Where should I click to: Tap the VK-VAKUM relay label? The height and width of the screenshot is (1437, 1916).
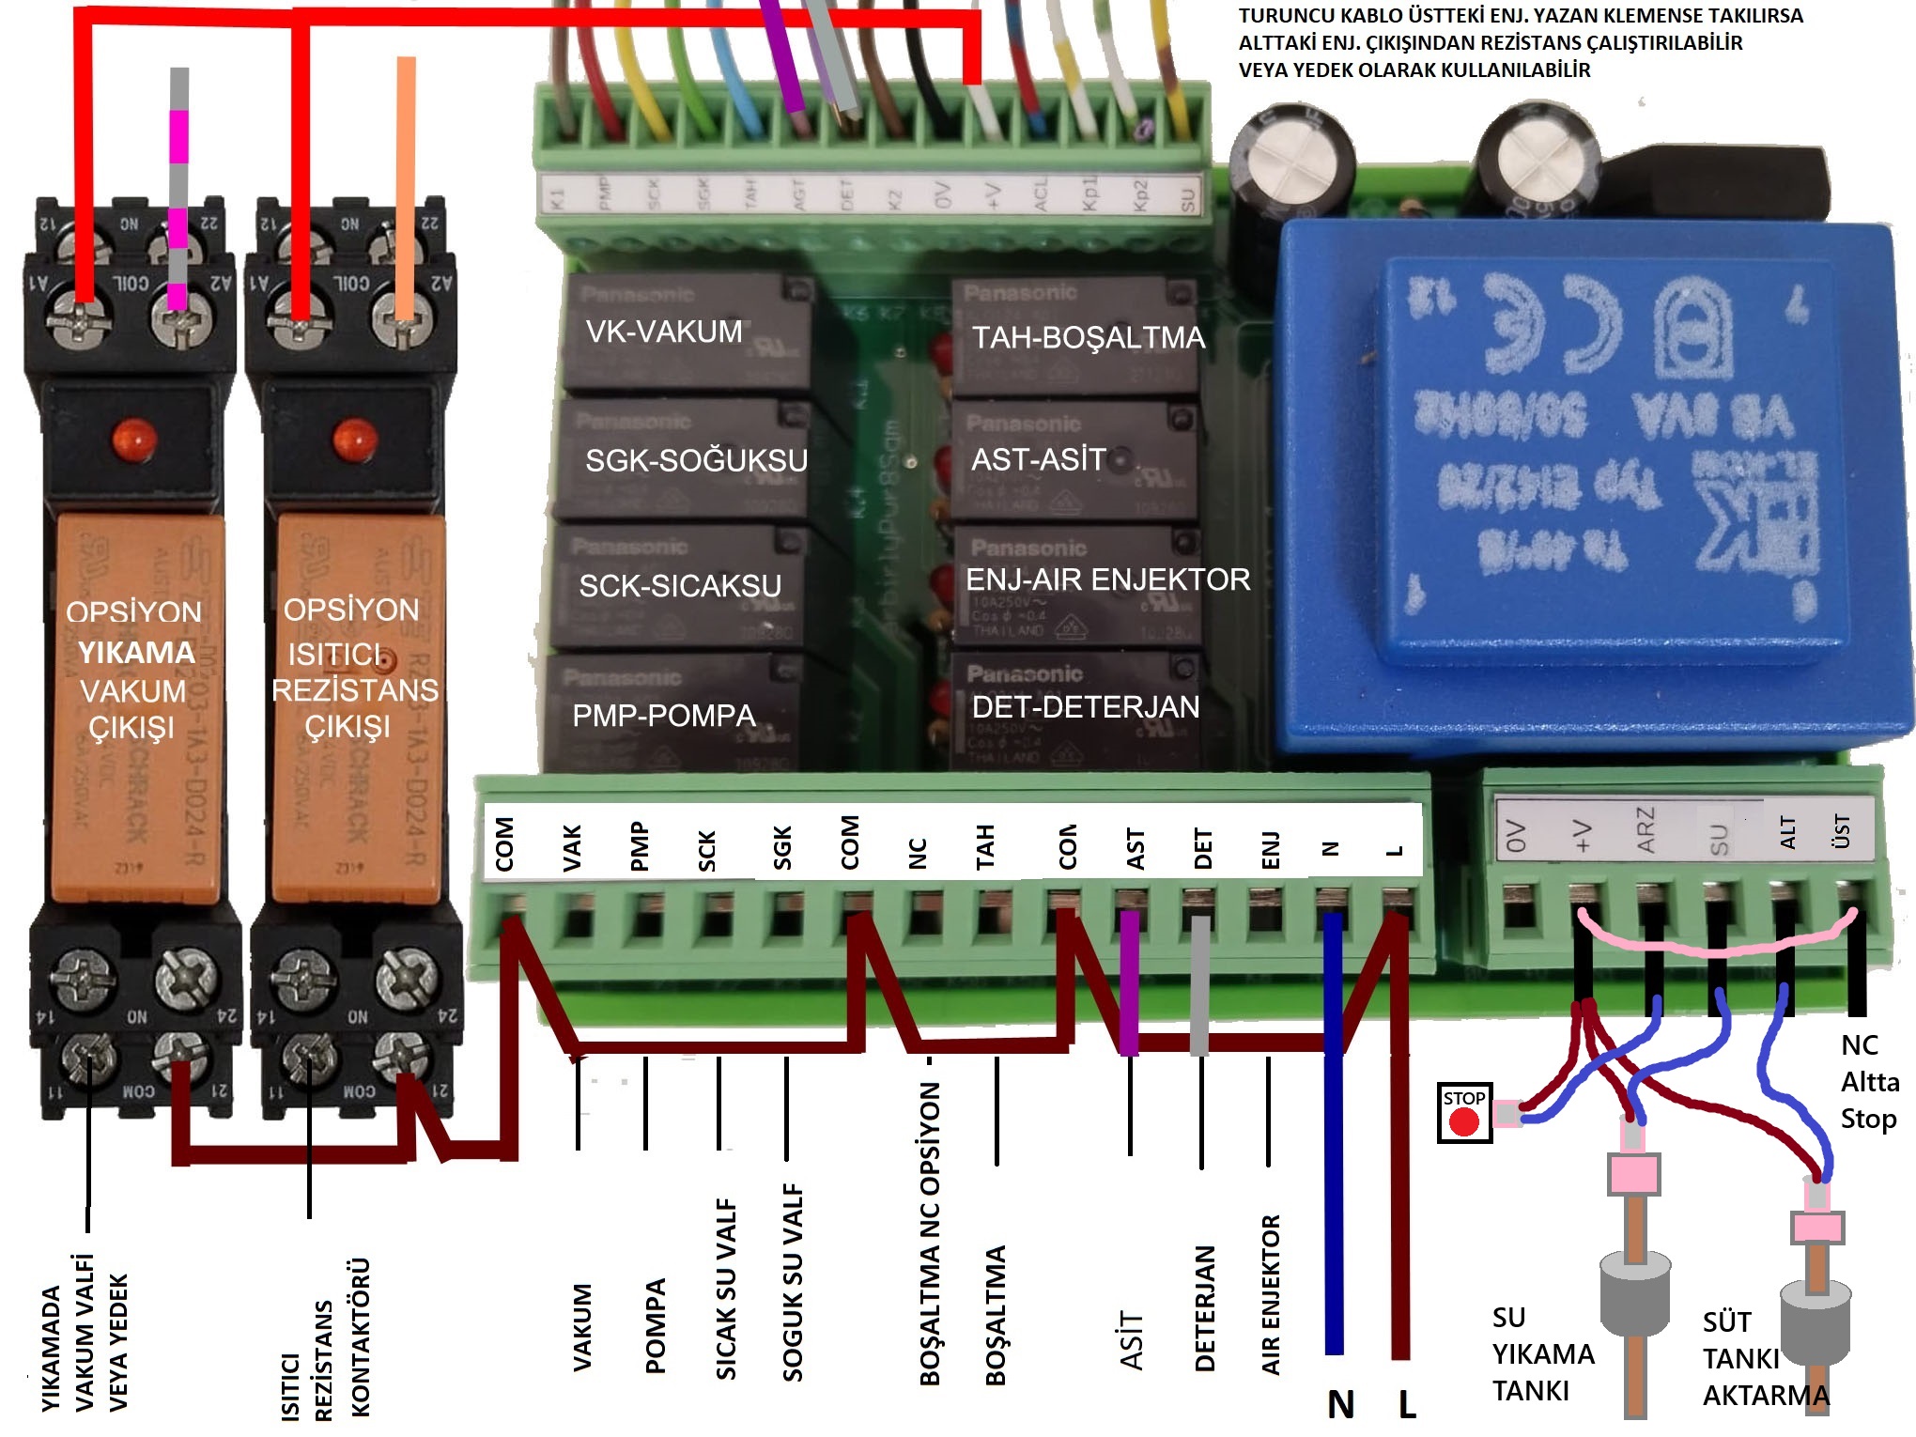point(663,332)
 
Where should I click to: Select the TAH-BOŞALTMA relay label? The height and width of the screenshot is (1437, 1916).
point(1088,337)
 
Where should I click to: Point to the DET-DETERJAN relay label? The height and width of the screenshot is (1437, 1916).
point(1086,706)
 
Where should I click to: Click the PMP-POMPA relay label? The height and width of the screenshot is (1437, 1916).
point(663,716)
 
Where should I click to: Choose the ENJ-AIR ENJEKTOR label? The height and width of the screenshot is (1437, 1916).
point(1108,579)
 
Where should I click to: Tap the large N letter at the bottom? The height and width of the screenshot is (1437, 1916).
point(1340,1404)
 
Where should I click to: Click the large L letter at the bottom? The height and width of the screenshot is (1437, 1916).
point(1406,1404)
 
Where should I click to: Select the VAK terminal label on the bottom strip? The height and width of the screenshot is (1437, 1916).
point(572,847)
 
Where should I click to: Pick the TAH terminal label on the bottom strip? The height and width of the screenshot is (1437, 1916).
point(984,847)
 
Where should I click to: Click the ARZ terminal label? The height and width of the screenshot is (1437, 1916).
point(1645,830)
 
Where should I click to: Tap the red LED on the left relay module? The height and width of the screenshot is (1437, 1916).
point(132,439)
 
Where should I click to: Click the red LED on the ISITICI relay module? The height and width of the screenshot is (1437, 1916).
point(354,439)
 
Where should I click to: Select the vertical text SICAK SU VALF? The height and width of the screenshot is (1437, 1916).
point(726,1289)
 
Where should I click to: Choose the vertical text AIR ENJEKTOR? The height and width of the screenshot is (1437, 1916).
point(1270,1294)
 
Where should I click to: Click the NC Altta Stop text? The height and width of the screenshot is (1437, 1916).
point(1869,1082)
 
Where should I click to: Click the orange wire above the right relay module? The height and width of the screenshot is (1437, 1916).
point(406,188)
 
